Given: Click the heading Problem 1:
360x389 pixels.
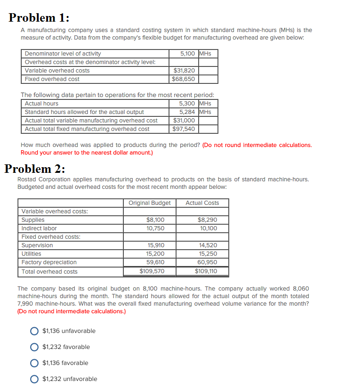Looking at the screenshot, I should click(x=39, y=17).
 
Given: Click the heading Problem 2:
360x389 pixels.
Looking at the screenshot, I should click(x=35, y=169).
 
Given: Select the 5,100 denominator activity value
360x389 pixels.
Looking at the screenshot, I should click(x=187, y=54).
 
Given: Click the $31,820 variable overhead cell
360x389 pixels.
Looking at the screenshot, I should click(x=184, y=71).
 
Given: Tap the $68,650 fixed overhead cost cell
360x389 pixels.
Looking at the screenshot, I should click(x=184, y=79).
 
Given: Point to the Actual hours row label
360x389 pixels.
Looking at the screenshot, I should click(x=42, y=104).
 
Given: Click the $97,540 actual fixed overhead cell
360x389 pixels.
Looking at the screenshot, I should click(x=184, y=129).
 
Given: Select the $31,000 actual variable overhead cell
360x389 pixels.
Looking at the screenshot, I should click(x=184, y=121).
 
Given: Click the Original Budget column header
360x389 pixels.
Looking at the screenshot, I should click(x=150, y=203).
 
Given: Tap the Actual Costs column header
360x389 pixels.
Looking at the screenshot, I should click(x=202, y=203).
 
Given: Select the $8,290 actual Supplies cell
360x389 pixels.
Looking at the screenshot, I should click(x=207, y=220).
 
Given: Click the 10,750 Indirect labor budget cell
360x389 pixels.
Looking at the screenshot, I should click(x=155, y=228).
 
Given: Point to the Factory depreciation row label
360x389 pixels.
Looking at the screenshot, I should click(x=49, y=262).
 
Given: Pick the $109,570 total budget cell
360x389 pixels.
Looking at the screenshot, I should click(x=152, y=271).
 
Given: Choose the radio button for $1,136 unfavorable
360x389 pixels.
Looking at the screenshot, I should click(x=34, y=331).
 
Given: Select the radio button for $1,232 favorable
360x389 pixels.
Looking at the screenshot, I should click(x=34, y=347).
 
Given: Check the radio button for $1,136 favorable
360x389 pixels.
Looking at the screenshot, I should click(x=34, y=363).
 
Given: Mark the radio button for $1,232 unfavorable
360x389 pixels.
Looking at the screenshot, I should click(x=34, y=379).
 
